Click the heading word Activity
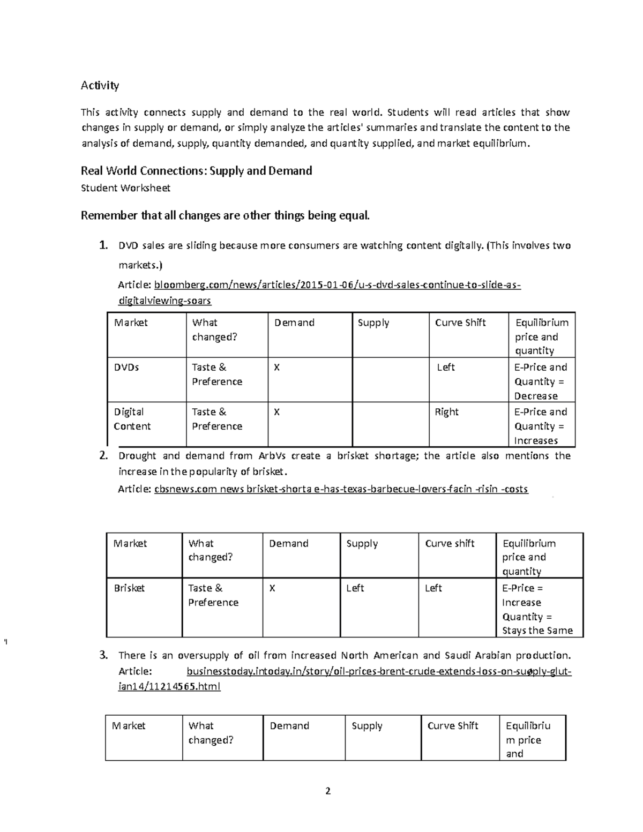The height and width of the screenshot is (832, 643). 100,85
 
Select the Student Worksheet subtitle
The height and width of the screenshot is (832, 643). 125,188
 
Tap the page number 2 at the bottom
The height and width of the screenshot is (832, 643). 328,791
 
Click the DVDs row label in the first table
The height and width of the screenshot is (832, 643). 126,368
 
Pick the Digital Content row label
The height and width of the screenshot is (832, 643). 132,419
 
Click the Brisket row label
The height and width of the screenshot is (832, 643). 129,588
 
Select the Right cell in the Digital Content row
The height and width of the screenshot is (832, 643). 447,412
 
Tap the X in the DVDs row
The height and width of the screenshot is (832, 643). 277,368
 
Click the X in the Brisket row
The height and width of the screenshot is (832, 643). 272,588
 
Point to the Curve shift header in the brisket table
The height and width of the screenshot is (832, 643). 450,543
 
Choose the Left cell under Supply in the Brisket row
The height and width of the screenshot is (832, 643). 355,588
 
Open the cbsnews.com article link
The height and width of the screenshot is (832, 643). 341,489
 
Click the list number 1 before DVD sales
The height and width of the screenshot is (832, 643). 103,246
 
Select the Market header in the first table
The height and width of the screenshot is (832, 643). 131,323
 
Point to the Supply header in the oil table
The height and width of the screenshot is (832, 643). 367,726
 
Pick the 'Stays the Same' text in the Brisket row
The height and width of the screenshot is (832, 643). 537,631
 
